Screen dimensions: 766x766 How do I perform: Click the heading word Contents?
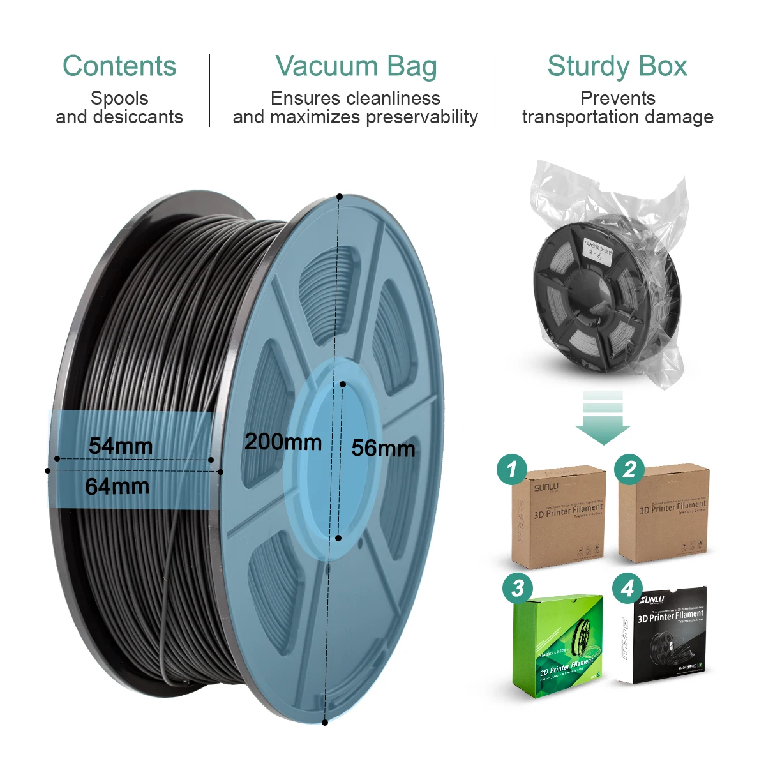pyautogui.click(x=119, y=66)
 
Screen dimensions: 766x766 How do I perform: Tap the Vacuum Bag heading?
pyautogui.click(x=356, y=66)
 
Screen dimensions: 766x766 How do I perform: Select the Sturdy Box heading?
pyautogui.click(x=617, y=66)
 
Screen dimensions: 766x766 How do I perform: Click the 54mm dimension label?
pyautogui.click(x=121, y=446)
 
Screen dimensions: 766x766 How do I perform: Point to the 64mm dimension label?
pyautogui.click(x=117, y=486)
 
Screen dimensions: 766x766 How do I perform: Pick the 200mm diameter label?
pyautogui.click(x=283, y=441)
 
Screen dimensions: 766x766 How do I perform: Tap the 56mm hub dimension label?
pyautogui.click(x=383, y=448)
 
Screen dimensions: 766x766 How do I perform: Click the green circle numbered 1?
pyautogui.click(x=512, y=470)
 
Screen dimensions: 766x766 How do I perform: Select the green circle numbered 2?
pyautogui.click(x=629, y=470)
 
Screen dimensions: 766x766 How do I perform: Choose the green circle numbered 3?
pyautogui.click(x=518, y=588)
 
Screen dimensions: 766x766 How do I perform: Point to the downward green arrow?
pyautogui.click(x=603, y=418)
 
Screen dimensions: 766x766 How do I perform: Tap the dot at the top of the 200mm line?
pyautogui.click(x=340, y=197)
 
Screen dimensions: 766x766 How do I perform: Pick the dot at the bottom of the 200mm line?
pyautogui.click(x=325, y=723)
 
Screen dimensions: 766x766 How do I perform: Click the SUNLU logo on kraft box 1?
pyautogui.click(x=546, y=488)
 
